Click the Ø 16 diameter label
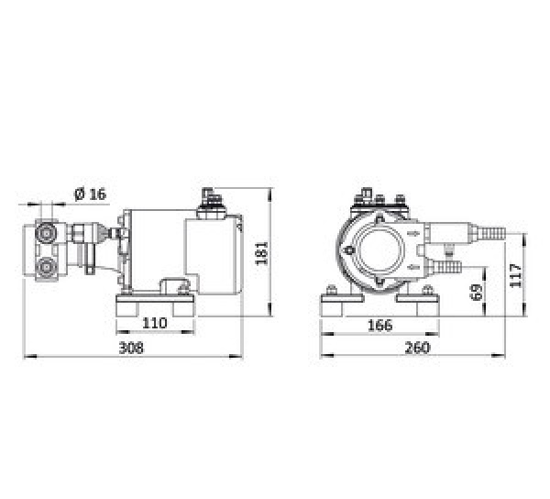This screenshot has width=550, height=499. click(x=89, y=194)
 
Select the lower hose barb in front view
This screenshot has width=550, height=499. click(x=446, y=267)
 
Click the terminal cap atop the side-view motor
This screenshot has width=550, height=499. click(x=207, y=197)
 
